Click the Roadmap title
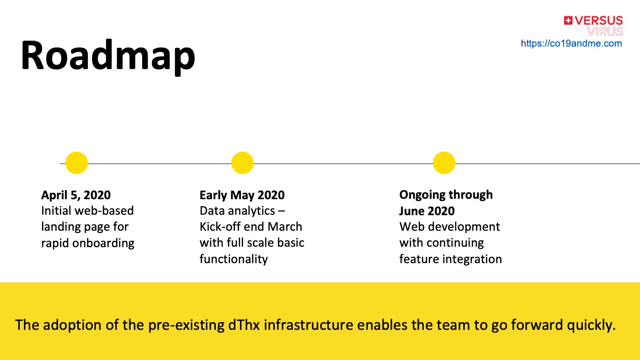[108, 57]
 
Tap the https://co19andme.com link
[571, 43]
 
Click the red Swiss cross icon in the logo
[568, 21]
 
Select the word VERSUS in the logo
[599, 21]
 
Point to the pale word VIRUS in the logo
[605, 32]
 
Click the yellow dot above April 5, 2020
[77, 163]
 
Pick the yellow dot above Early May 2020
[242, 163]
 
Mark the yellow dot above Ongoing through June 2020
[444, 163]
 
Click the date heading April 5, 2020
[76, 195]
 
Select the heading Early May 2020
[242, 196]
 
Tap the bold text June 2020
[427, 211]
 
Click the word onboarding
[103, 244]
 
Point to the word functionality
[234, 259]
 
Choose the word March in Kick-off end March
[285, 227]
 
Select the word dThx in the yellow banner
[244, 325]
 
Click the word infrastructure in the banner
[308, 325]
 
